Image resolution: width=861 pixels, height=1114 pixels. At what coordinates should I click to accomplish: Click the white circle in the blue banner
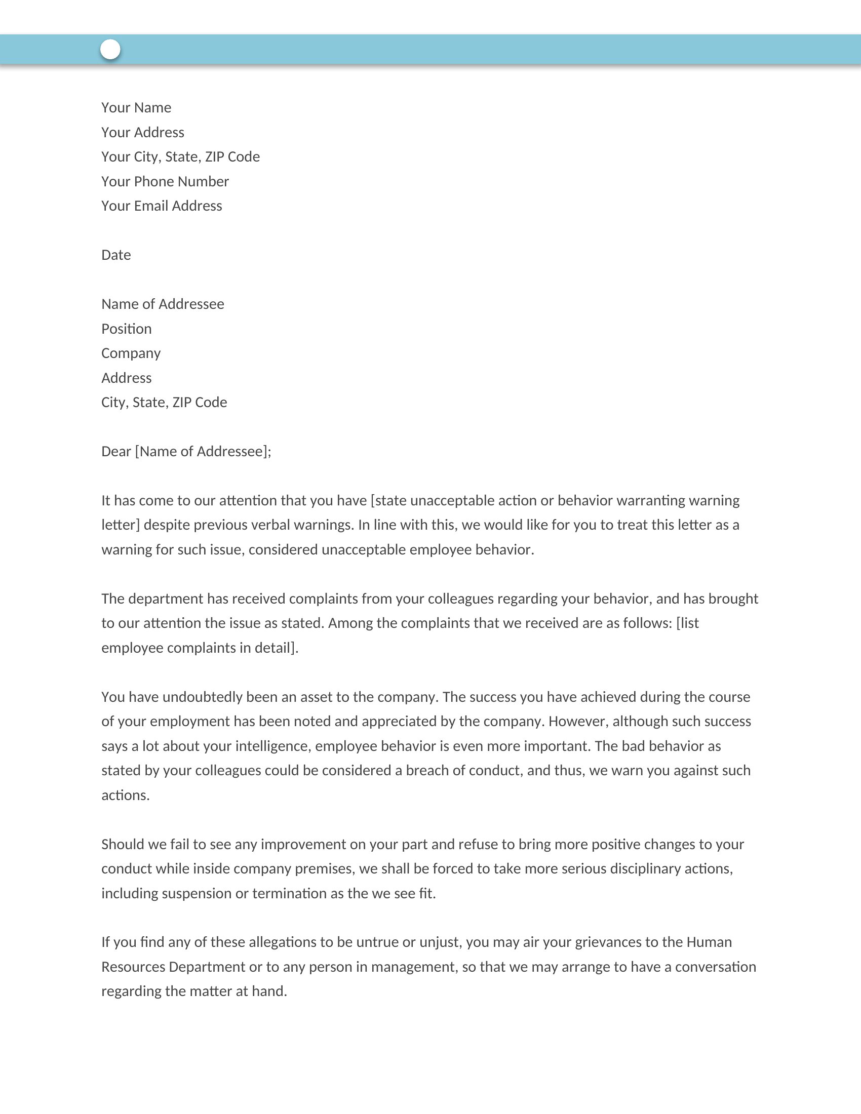(110, 50)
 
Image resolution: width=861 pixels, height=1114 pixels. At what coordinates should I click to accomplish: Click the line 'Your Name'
(136, 108)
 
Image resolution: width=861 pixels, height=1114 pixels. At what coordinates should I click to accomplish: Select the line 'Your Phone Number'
(165, 182)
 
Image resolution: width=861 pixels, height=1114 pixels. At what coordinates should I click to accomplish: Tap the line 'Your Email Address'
(162, 206)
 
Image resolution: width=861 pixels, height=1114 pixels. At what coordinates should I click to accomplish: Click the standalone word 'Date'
(116, 255)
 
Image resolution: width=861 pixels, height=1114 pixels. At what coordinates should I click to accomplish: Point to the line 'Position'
(126, 329)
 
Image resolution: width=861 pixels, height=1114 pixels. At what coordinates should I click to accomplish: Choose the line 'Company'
(131, 353)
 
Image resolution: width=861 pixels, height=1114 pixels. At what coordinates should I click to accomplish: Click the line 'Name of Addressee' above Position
(163, 304)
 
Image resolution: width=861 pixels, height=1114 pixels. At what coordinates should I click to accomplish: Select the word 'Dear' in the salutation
(116, 451)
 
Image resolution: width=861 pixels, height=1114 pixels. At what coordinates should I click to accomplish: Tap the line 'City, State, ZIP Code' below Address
(164, 403)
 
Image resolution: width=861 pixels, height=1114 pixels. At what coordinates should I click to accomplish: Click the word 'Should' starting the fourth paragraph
(123, 845)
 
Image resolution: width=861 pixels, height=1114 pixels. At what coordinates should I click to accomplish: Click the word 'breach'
(427, 771)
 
